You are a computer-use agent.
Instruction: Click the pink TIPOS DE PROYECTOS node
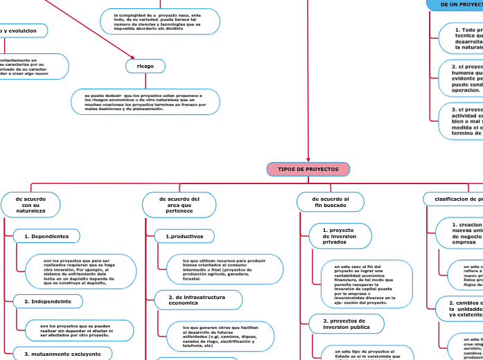click(308, 169)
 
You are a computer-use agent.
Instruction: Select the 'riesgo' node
click(146, 66)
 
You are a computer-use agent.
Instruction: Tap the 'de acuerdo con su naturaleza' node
click(30, 204)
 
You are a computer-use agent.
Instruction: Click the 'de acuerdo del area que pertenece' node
click(179, 204)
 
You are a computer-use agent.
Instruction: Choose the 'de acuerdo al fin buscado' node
click(331, 201)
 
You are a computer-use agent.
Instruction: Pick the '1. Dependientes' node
click(46, 236)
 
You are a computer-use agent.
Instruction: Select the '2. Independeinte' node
click(48, 301)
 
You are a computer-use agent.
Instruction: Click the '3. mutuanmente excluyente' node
click(58, 354)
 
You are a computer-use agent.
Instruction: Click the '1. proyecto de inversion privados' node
click(338, 235)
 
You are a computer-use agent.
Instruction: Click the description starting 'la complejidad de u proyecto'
click(160, 21)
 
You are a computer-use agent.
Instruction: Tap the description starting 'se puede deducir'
click(146, 102)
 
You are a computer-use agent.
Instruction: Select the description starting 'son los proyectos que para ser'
click(79, 270)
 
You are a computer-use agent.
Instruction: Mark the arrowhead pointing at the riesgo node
click(132, 57)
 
